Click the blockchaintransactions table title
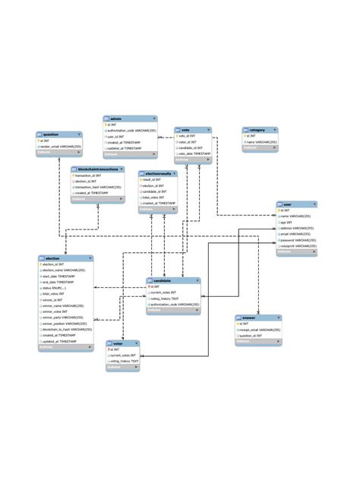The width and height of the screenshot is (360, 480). point(96,169)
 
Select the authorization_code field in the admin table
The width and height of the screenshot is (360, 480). point(132,131)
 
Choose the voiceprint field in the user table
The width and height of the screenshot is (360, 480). point(298,246)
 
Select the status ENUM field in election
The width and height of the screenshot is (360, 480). point(57,289)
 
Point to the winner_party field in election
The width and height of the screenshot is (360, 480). point(64,317)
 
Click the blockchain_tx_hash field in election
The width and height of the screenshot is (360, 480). point(66,328)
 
